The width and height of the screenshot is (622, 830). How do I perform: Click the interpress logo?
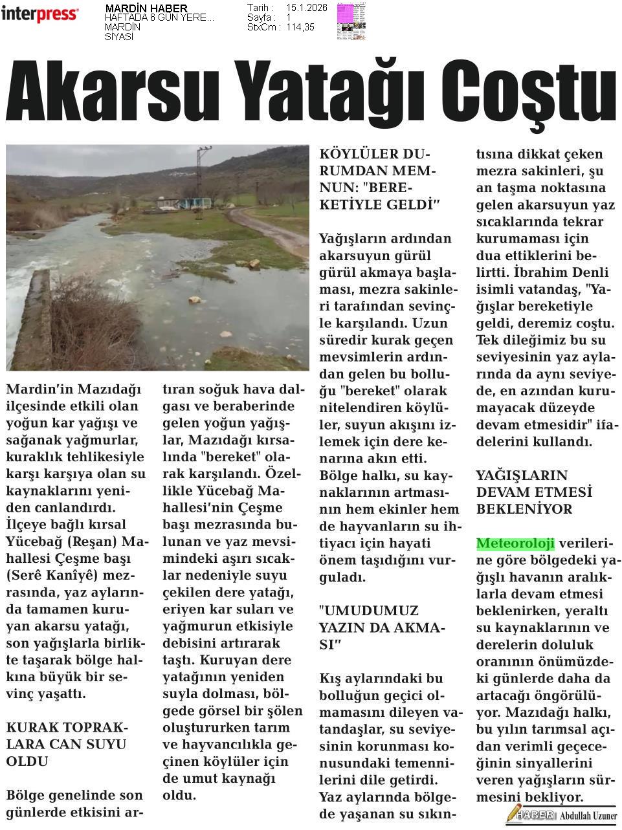click(x=40, y=14)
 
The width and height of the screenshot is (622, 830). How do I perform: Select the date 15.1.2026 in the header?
click(x=307, y=8)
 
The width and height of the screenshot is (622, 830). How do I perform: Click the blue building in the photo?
click(x=194, y=203)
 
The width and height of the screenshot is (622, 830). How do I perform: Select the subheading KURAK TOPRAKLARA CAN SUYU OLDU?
click(x=67, y=744)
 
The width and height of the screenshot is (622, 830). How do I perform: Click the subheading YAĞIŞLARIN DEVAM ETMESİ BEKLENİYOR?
click(x=525, y=492)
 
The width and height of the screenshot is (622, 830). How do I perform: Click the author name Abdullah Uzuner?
click(x=588, y=816)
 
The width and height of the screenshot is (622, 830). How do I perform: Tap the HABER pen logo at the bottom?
click(x=531, y=814)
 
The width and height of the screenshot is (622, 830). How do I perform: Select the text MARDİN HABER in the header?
click(x=146, y=8)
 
